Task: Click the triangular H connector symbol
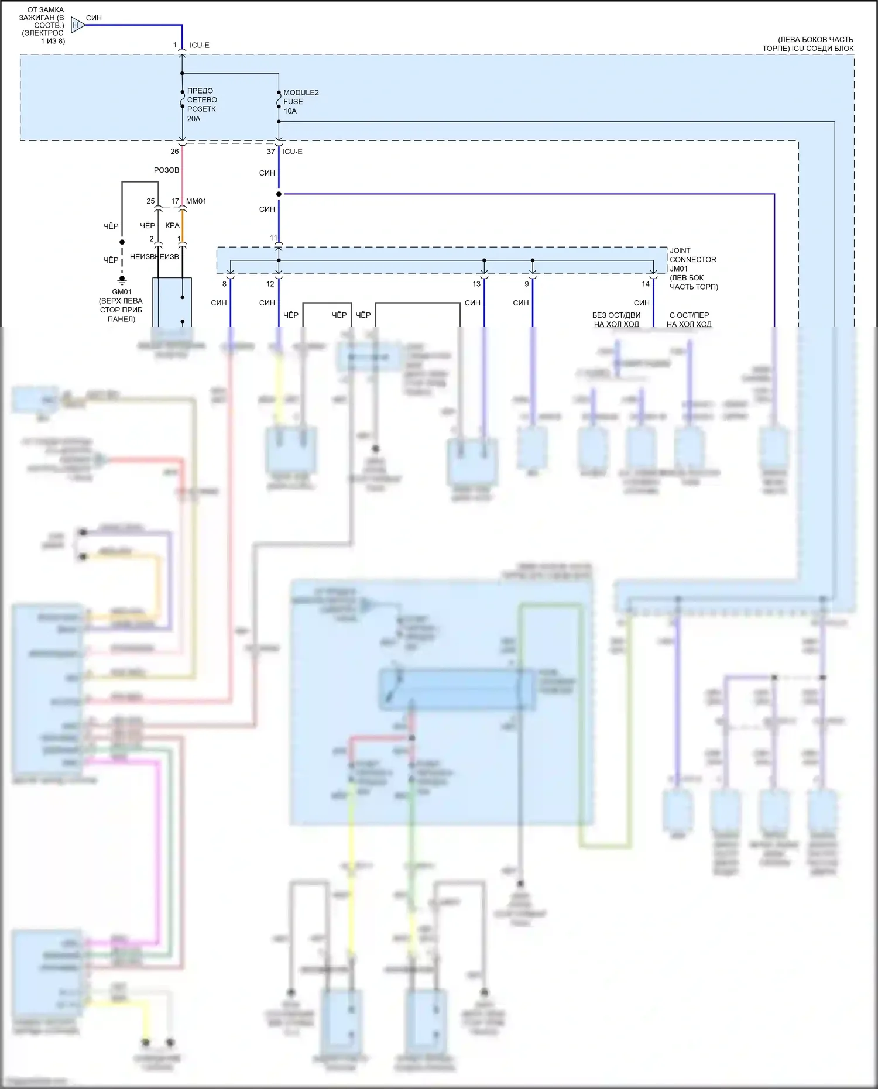click(77, 25)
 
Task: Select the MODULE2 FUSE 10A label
click(300, 102)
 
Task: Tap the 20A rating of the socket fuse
click(194, 119)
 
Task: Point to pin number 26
click(174, 152)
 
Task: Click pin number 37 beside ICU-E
click(270, 152)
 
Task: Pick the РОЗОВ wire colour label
click(166, 170)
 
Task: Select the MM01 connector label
click(196, 201)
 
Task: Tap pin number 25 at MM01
click(150, 201)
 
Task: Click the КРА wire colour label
click(172, 226)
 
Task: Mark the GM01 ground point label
click(122, 292)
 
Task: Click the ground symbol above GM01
click(122, 280)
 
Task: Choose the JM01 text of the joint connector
click(679, 269)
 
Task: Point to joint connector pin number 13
click(476, 284)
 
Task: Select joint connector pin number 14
click(645, 284)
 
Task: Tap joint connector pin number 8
click(224, 284)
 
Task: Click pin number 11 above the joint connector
click(273, 238)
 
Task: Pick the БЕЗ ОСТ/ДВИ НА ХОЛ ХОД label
click(616, 320)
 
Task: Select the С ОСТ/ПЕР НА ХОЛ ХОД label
click(689, 320)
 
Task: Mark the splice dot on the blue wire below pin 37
click(279, 194)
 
